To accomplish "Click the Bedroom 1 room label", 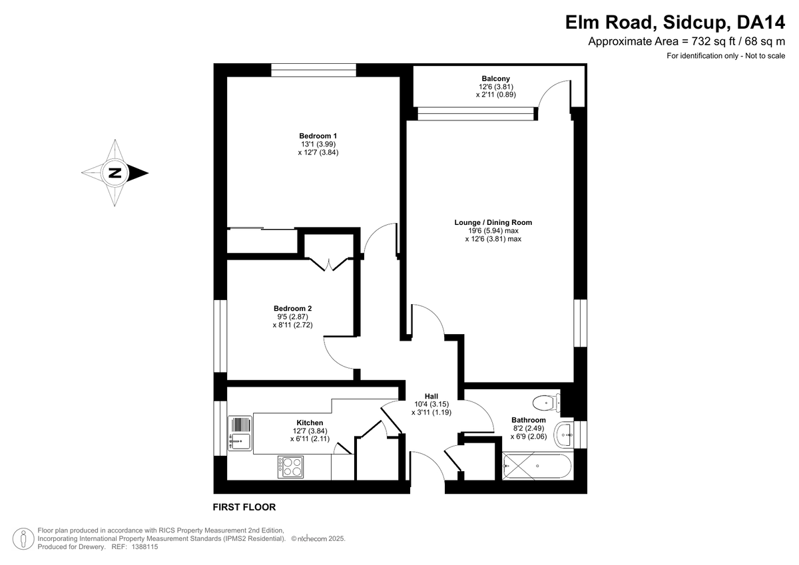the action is (x=318, y=136).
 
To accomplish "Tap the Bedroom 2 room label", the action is (x=292, y=308).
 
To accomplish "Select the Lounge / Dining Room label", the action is (x=493, y=222).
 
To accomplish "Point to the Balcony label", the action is (x=495, y=79).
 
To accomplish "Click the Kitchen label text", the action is (x=310, y=423).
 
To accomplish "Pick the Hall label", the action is (x=431, y=396).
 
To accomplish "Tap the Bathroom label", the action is (x=528, y=420).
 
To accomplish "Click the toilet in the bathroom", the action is (x=546, y=403).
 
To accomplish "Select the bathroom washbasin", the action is (x=563, y=435).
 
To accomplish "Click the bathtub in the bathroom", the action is (x=537, y=466).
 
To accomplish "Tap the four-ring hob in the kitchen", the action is (x=291, y=467).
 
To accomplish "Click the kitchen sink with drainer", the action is (x=240, y=433).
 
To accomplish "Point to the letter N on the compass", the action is (x=115, y=173).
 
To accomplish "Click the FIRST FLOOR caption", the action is (x=244, y=507).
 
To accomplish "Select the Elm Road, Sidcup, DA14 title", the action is (x=675, y=22).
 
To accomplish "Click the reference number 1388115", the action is (x=145, y=547).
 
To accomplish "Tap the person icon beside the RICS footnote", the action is (x=23, y=538).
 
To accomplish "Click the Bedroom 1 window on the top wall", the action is (x=314, y=70).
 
